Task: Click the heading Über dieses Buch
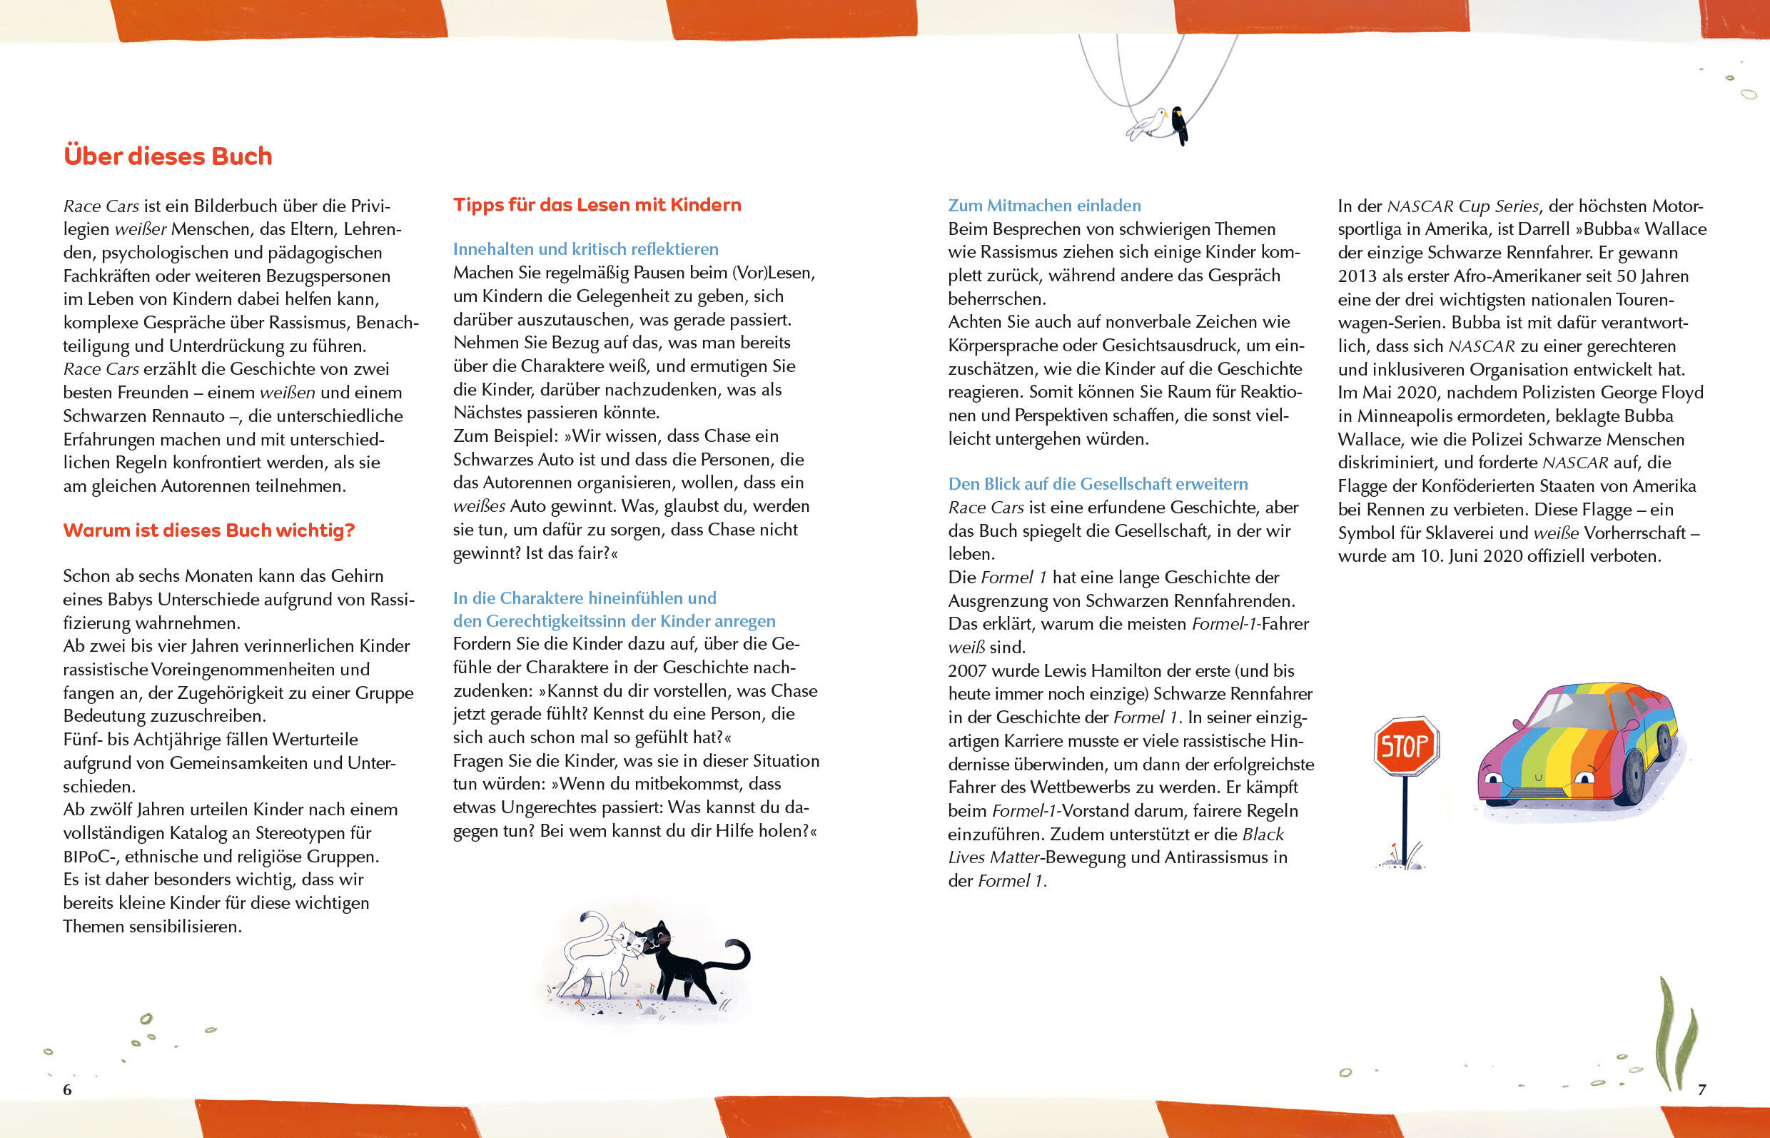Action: (x=168, y=156)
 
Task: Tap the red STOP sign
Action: (x=1405, y=745)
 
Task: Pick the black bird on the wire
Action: (x=1180, y=124)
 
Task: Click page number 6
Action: (x=67, y=1089)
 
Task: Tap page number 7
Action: (x=1702, y=1089)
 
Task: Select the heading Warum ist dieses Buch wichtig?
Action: (x=209, y=530)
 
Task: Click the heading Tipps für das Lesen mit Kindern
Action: (x=597, y=205)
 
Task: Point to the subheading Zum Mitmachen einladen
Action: (x=1044, y=206)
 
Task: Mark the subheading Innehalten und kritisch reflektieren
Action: (x=585, y=249)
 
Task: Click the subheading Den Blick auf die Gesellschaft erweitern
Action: (x=1098, y=484)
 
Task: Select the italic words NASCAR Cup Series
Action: (x=1462, y=206)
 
